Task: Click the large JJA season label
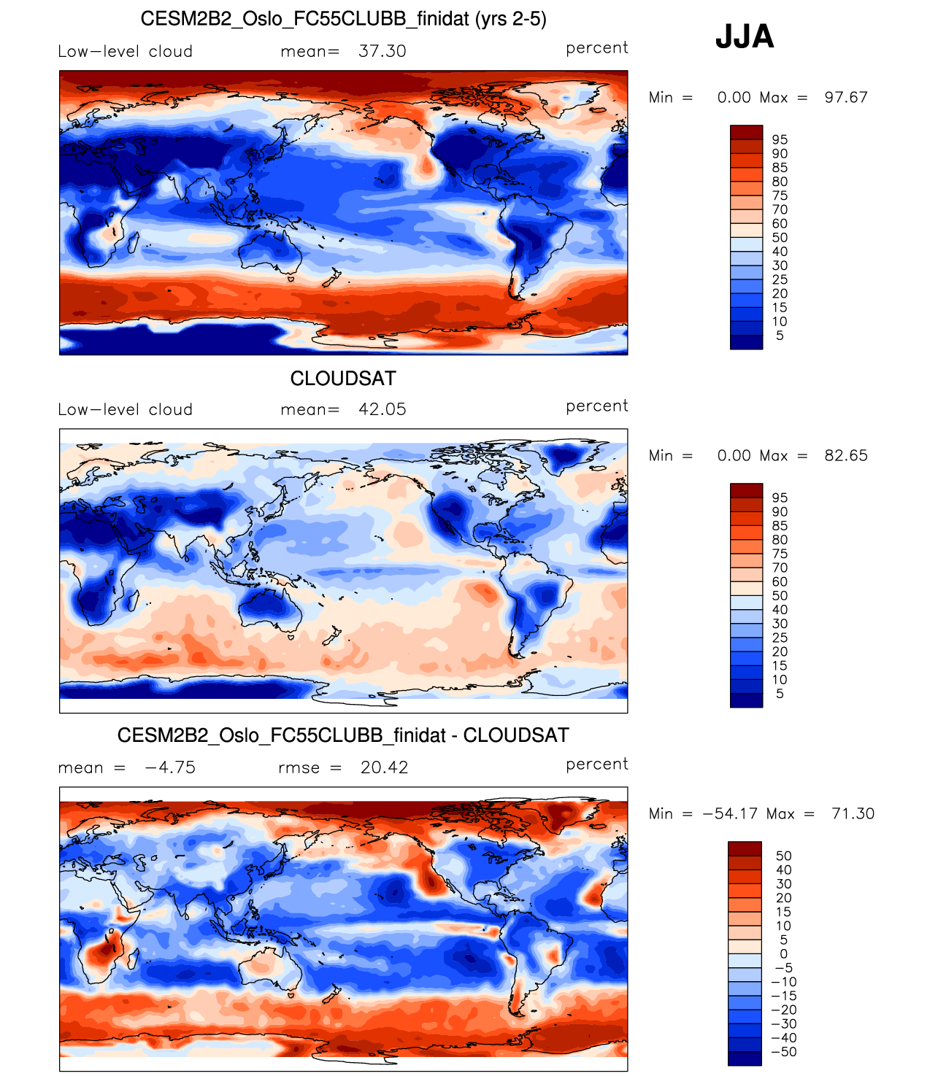point(744,36)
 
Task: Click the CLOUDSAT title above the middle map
point(343,379)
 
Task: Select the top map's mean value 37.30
point(382,51)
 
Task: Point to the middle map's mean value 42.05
point(382,409)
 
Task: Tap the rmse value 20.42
point(384,767)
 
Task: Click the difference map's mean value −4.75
point(170,767)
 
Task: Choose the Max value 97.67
point(845,98)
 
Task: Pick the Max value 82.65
point(845,456)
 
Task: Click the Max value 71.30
point(852,814)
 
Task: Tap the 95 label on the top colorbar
point(780,139)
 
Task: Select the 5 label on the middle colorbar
point(780,694)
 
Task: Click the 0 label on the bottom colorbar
point(783,954)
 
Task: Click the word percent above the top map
point(596,48)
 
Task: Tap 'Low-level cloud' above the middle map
point(126,409)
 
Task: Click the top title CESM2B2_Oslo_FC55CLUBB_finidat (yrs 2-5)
point(343,19)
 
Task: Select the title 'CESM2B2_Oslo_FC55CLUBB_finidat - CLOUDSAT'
point(343,735)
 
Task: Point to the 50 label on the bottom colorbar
point(783,856)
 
